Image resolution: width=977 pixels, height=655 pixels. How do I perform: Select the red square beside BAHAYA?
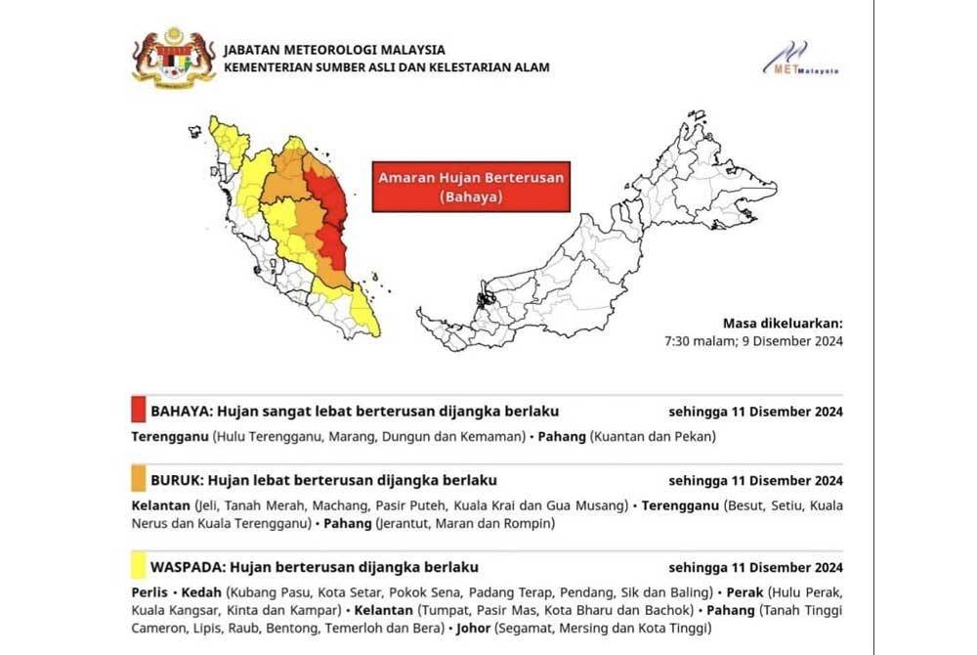(x=138, y=411)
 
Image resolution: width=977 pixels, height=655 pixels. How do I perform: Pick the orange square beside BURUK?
(x=138, y=480)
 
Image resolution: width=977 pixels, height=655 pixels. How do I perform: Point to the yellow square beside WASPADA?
(x=138, y=567)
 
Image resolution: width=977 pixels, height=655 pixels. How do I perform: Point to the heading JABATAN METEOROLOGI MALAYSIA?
(x=334, y=50)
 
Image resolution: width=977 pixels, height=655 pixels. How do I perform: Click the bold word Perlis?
(x=149, y=592)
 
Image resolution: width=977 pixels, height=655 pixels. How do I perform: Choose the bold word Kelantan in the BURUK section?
(x=160, y=505)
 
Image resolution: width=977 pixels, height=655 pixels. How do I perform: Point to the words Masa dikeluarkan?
(x=782, y=324)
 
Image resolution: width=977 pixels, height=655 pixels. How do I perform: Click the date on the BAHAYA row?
(x=755, y=412)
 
